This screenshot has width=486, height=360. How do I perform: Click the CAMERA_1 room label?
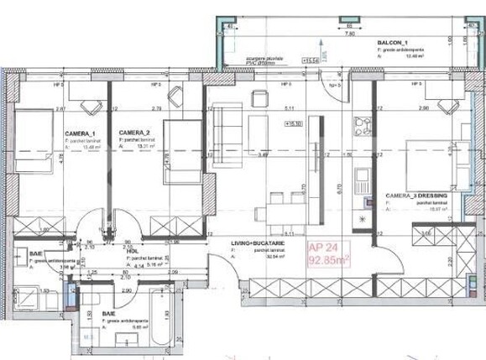pyautogui.click(x=81, y=133)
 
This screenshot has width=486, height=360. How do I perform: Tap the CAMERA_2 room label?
pyautogui.click(x=134, y=133)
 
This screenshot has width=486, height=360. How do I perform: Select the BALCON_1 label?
pyautogui.click(x=391, y=42)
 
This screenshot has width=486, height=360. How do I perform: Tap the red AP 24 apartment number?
pyautogui.click(x=324, y=248)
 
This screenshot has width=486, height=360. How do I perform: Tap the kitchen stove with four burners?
pyautogui.click(x=363, y=126)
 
